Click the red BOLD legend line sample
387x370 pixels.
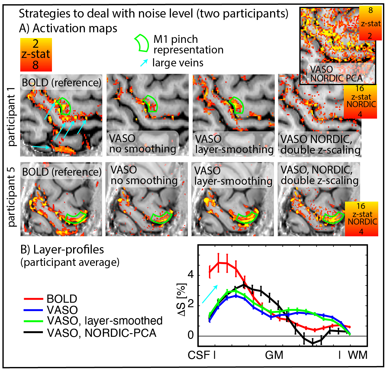[34, 299]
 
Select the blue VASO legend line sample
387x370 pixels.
[34, 310]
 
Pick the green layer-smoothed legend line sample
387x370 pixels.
[34, 321]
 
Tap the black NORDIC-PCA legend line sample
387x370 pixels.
[34, 333]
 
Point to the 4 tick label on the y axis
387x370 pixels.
[190, 275]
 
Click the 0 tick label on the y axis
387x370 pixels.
[190, 335]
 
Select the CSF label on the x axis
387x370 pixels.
[199, 355]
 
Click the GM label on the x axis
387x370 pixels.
[274, 355]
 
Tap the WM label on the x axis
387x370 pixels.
[358, 355]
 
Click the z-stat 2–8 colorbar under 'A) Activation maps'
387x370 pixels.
[36, 55]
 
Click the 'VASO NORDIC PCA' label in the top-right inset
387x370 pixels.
[336, 74]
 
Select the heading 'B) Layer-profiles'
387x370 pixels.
[62, 250]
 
